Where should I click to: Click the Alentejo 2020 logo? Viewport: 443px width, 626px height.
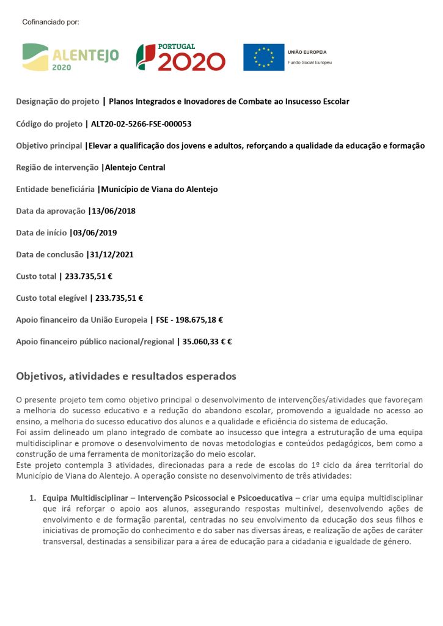(70, 57)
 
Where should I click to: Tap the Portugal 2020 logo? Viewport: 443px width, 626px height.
(180, 57)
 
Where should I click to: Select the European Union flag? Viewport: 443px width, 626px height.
(263, 57)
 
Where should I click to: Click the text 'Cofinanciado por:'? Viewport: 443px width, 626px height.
(51, 22)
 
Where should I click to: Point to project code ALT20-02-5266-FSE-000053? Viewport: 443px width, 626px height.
(141, 123)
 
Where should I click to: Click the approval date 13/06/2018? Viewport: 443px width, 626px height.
(113, 211)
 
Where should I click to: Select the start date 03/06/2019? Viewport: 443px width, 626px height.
(95, 233)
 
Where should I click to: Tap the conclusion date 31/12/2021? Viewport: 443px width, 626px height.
(111, 254)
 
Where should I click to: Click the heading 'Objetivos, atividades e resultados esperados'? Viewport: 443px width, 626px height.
(126, 376)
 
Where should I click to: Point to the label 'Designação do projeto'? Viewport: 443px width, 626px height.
(58, 101)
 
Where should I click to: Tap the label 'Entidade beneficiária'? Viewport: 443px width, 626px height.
(55, 189)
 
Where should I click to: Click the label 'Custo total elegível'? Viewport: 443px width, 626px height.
(51, 298)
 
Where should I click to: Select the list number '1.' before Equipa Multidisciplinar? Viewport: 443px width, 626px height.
(34, 498)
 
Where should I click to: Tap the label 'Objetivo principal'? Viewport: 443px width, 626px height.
(49, 145)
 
